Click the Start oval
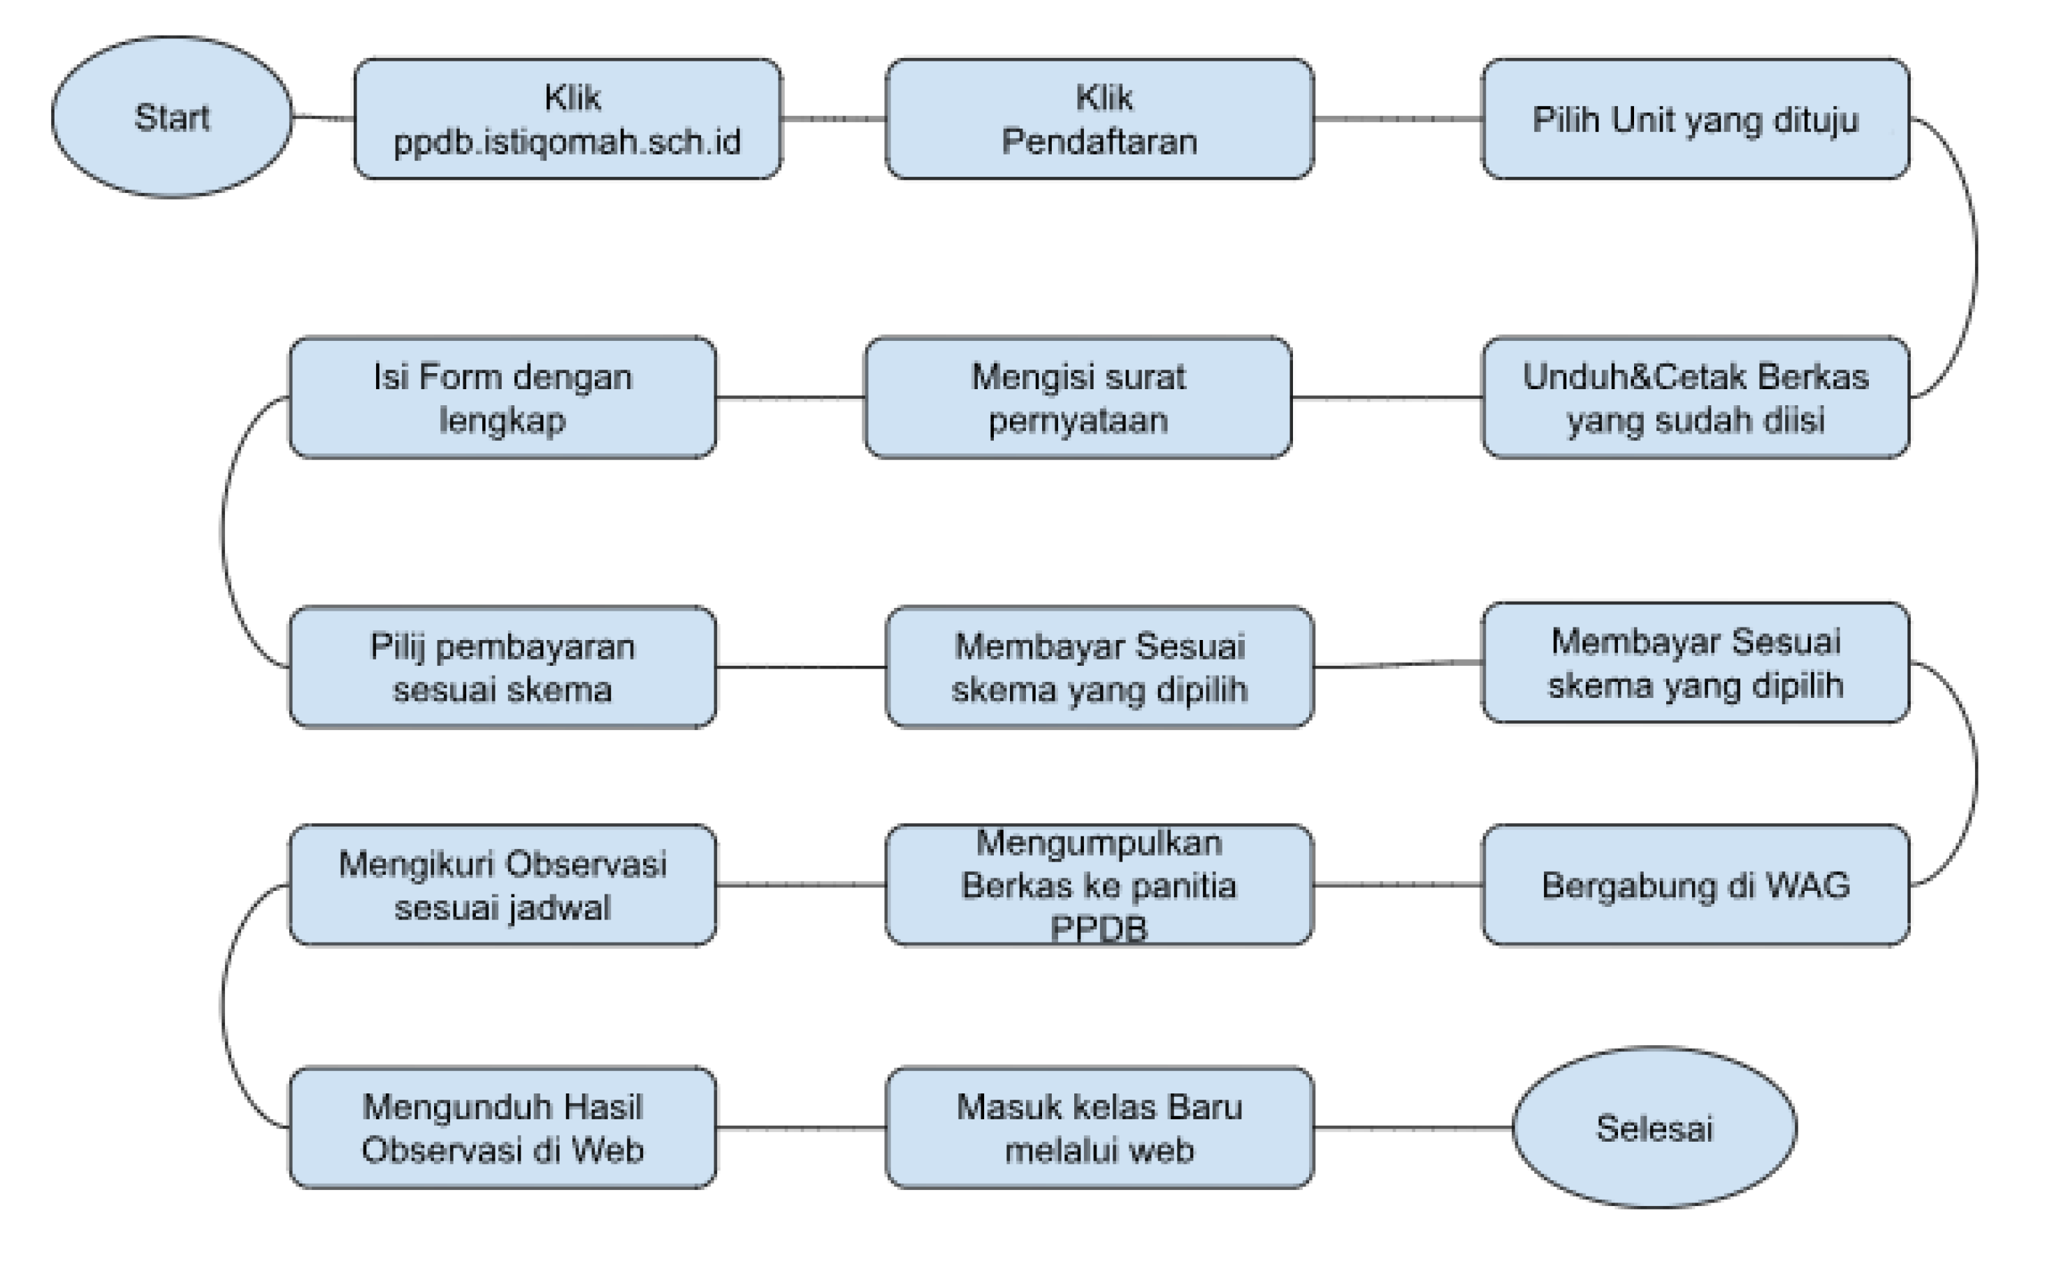point(172,117)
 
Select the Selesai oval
point(1654,1128)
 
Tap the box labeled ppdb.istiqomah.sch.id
point(568,119)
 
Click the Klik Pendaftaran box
point(1099,119)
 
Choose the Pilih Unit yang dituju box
point(1695,119)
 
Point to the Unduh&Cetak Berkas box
point(1695,398)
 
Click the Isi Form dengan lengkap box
point(503,398)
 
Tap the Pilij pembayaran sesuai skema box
point(503,667)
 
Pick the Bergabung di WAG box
point(1695,885)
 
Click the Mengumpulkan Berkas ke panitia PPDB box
point(1099,885)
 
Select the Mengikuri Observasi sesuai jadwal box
point(503,885)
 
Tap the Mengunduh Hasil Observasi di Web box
point(503,1128)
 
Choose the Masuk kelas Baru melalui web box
point(1099,1128)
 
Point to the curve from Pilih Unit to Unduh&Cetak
point(1977,259)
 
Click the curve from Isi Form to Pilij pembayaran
point(223,532)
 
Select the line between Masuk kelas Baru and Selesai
point(1412,1128)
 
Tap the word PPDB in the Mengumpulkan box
point(1099,929)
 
